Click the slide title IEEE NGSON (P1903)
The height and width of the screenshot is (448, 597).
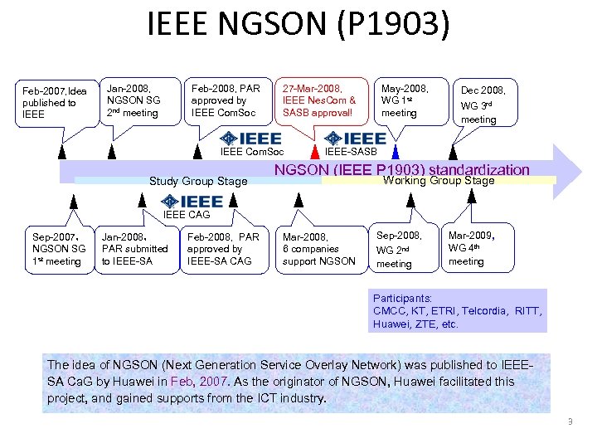tap(298, 25)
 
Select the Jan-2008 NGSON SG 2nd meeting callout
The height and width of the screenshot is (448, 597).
tap(139, 100)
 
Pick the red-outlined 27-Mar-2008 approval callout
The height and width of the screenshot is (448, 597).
tap(320, 100)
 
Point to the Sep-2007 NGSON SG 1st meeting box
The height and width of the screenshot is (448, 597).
tap(59, 249)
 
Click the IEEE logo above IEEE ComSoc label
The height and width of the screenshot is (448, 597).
tap(250, 139)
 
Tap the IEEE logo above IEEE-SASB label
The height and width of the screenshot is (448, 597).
tap(356, 139)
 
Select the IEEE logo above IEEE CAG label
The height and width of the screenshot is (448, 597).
tap(192, 202)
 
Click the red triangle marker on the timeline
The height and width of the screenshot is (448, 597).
tap(315, 152)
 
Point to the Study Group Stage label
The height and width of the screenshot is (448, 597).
tap(197, 181)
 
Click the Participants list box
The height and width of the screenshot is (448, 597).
tap(458, 310)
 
